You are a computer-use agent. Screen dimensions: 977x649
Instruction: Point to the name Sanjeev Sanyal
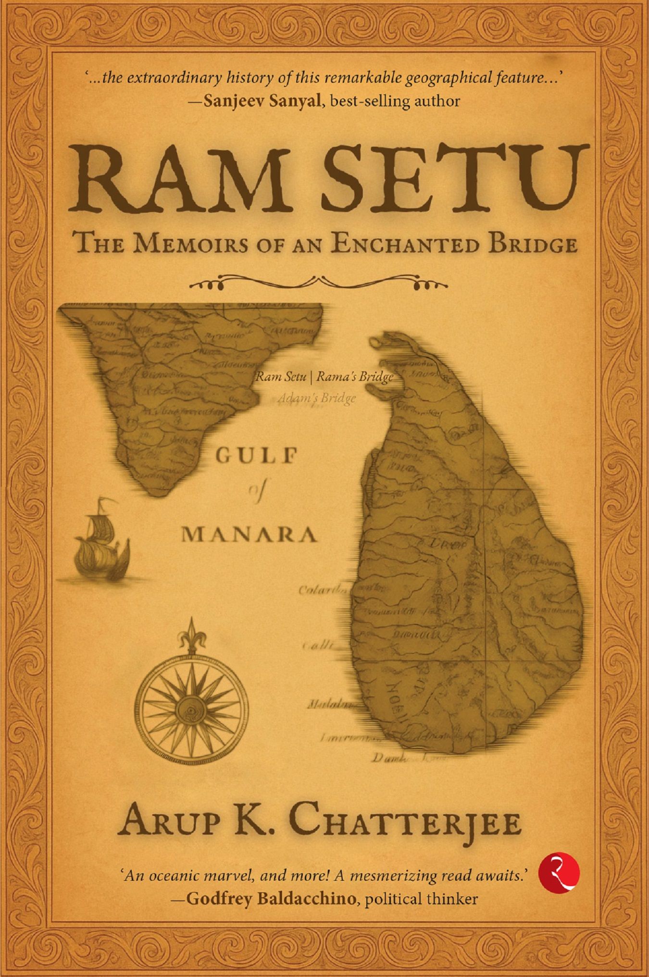pos(262,101)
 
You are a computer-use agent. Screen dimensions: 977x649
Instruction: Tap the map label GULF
pos(255,455)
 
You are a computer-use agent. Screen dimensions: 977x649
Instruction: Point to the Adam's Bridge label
pos(317,398)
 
